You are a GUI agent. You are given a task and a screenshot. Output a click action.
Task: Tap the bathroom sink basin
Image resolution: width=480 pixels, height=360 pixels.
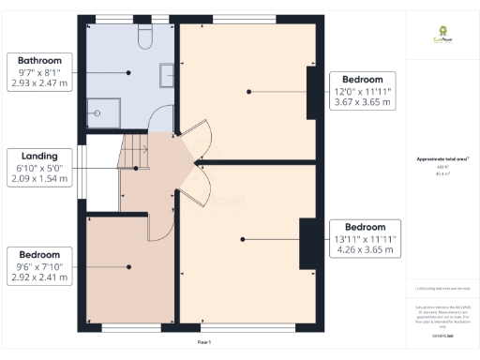[x=168, y=75]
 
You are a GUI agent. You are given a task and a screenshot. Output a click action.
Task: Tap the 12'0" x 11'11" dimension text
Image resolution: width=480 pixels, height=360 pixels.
[x=363, y=92]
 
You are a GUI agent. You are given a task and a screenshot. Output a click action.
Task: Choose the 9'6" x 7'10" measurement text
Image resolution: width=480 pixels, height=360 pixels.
[x=35, y=266]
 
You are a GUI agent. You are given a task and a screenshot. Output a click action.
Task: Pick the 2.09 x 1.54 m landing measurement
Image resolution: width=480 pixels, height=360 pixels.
[x=35, y=179]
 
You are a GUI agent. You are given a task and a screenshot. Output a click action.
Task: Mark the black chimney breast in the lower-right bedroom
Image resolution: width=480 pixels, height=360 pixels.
[x=306, y=243]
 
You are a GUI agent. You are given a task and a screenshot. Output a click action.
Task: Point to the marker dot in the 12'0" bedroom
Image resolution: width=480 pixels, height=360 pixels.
[x=249, y=91]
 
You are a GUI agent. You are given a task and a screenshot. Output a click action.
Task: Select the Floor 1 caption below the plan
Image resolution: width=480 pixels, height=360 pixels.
[x=203, y=343]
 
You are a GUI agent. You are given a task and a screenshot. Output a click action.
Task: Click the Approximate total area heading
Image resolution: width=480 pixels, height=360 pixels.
[x=442, y=160]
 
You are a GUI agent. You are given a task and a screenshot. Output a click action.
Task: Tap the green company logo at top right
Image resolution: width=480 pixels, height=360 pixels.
[x=442, y=35]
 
